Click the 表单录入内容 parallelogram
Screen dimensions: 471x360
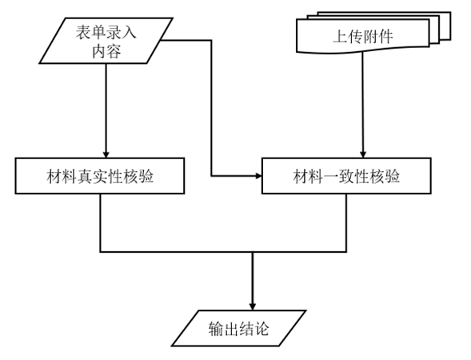tap(106, 41)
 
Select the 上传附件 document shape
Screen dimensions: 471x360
tap(362, 36)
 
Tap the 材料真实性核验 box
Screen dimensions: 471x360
tap(100, 176)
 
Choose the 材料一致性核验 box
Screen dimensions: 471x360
tap(346, 176)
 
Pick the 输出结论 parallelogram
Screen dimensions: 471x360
tap(239, 328)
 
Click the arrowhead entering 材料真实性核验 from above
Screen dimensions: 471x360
tap(106, 154)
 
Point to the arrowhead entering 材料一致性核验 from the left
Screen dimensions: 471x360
tap(258, 176)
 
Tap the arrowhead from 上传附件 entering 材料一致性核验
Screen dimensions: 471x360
tap(363, 154)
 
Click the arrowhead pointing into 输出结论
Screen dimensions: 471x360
tap(253, 306)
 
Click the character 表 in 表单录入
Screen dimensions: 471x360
tap(83, 32)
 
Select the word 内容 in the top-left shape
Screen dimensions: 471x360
tap(106, 50)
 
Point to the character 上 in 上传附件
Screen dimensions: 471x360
tap(340, 37)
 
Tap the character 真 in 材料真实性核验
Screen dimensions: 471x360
tap(85, 176)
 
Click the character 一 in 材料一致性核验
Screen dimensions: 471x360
tap(331, 176)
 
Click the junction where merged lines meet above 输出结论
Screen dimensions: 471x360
tap(253, 252)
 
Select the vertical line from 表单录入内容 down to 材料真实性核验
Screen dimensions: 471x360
tap(106, 110)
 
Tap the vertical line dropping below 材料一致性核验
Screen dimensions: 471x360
tap(346, 222)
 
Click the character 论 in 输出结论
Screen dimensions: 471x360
tap(261, 329)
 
